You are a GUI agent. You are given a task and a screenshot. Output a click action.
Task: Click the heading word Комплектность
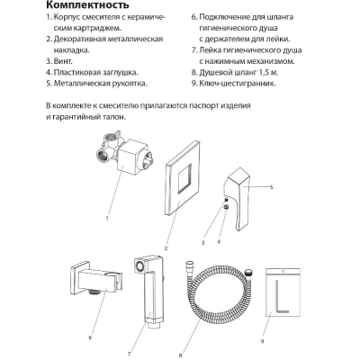(87, 5)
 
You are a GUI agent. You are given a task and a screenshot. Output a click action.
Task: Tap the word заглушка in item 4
(120, 73)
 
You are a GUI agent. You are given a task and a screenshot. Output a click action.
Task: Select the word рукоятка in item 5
(130, 84)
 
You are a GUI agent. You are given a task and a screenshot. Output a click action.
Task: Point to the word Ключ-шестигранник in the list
(238, 84)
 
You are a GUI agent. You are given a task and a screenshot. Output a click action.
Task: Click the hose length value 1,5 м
(269, 73)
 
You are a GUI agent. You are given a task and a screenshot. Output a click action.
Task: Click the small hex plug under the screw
(227, 206)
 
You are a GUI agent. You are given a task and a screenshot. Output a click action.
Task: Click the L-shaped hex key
(277, 297)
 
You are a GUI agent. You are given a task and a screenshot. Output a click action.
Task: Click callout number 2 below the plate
(166, 248)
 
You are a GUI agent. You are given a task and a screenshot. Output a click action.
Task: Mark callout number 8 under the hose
(180, 355)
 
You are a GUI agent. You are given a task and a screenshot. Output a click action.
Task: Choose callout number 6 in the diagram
(90, 338)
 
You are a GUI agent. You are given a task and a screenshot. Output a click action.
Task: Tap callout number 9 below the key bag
(263, 342)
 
